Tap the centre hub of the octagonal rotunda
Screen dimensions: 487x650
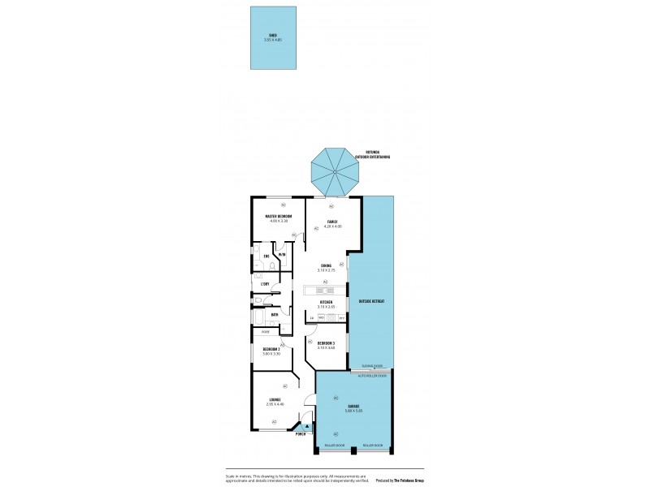pos(334,173)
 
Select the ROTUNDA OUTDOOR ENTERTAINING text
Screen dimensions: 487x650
pos(374,154)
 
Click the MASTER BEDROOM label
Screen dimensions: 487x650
pos(278,216)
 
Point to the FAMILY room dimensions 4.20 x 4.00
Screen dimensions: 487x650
pos(332,226)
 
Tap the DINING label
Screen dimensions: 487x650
pos(326,265)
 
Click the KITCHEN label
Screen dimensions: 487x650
pos(326,303)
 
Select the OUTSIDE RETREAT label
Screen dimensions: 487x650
pos(370,301)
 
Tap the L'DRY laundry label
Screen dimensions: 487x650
pos(265,283)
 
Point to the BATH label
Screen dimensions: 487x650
pos(263,314)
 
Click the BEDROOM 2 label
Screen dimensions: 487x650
pos(271,349)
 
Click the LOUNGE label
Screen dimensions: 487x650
pos(275,399)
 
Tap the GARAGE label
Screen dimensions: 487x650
pos(353,406)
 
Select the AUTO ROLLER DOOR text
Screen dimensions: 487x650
pos(372,376)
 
